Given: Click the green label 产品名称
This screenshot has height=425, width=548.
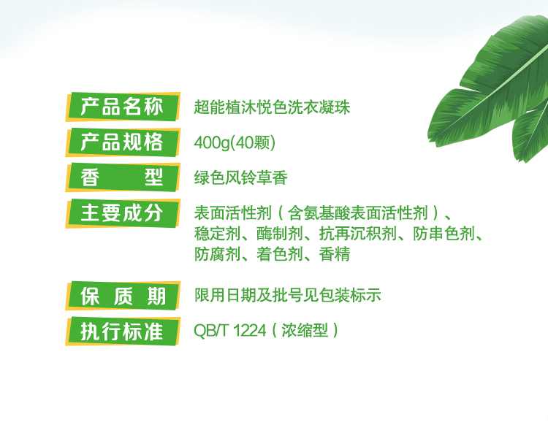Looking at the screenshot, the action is (x=123, y=107).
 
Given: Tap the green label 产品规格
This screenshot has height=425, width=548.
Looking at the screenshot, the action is (x=123, y=142).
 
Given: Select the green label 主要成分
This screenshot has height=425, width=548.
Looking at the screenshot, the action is (x=123, y=213).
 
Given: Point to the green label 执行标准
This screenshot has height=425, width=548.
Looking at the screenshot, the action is (x=123, y=331).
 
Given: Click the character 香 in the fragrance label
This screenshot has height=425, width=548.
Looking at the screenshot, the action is (x=90, y=177).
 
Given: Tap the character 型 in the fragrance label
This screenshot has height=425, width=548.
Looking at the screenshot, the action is (x=154, y=177).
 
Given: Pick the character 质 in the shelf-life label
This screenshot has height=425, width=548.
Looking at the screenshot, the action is (x=123, y=296).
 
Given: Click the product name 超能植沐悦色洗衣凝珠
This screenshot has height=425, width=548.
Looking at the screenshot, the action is (x=272, y=107).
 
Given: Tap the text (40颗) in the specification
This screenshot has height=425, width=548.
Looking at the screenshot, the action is (x=254, y=143).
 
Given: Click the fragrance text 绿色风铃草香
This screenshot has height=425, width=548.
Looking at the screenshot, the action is (x=241, y=177).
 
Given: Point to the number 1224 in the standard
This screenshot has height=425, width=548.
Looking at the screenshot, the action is (x=250, y=330).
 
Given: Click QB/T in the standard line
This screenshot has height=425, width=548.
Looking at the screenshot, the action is (x=211, y=330).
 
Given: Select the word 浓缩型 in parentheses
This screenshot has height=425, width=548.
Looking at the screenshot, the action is (x=305, y=330).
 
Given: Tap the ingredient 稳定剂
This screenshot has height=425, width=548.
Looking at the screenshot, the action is (x=218, y=234).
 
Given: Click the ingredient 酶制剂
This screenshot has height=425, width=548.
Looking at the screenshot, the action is (x=280, y=234).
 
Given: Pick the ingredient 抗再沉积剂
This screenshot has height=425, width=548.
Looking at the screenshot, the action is (x=357, y=234).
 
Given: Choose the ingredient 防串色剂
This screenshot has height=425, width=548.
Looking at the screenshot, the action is (x=444, y=234).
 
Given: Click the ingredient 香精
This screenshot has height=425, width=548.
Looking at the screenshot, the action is (x=335, y=254).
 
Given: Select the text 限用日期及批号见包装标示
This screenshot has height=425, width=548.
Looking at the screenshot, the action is (x=288, y=296).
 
